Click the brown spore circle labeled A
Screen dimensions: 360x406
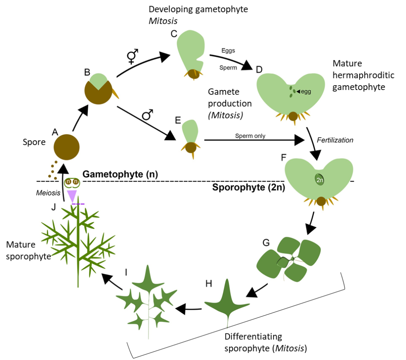(x=67, y=147)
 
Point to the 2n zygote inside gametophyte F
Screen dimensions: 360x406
(x=320, y=180)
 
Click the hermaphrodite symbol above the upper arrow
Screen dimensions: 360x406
(x=132, y=56)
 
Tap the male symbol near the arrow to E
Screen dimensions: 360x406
(x=147, y=115)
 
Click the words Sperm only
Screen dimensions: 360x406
(x=250, y=136)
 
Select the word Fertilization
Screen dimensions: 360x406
(x=335, y=140)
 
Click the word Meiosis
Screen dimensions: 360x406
(x=48, y=193)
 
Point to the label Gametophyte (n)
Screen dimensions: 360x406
(x=120, y=174)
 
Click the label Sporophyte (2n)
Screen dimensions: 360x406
(x=249, y=187)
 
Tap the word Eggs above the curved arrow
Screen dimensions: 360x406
(x=228, y=50)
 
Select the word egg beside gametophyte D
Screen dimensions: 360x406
(x=306, y=92)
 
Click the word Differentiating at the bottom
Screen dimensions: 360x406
(x=253, y=337)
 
